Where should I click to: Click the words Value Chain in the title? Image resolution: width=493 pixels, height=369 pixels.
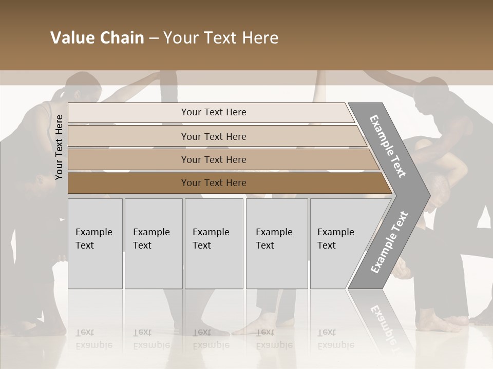[97, 38]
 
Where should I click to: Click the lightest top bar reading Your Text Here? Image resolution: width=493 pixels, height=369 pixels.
[213, 112]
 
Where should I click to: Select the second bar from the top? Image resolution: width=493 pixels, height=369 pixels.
[214, 136]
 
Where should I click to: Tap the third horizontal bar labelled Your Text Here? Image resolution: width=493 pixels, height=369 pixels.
[214, 159]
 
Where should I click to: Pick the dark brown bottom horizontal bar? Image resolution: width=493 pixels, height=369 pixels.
[214, 183]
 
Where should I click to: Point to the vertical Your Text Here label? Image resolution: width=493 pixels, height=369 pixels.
[59, 147]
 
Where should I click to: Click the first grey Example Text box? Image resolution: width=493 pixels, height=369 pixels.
[95, 243]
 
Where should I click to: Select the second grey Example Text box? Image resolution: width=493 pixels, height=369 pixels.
[153, 243]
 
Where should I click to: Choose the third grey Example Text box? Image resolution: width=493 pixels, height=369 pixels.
[214, 243]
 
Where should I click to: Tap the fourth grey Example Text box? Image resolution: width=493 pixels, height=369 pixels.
[276, 243]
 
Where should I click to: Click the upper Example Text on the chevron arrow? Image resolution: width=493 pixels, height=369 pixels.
[388, 146]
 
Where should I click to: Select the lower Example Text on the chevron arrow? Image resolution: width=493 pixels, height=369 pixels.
[389, 242]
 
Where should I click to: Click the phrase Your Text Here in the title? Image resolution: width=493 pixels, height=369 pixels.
[221, 38]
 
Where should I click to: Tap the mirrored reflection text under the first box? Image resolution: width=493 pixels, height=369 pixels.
[93, 339]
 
